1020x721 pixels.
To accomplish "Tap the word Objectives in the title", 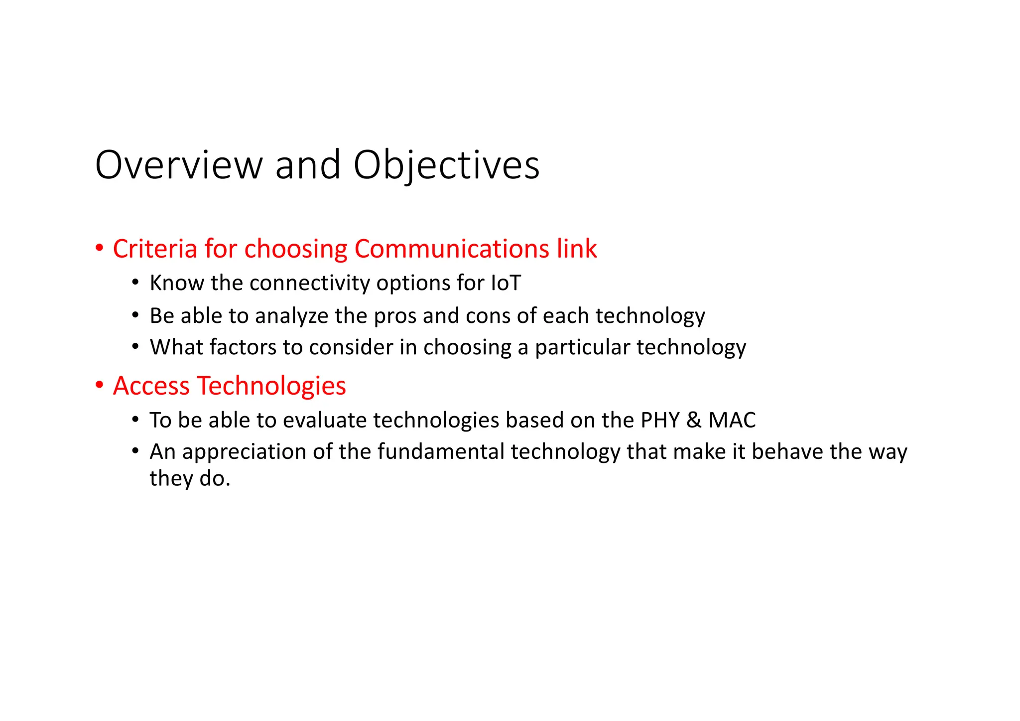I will [x=446, y=165].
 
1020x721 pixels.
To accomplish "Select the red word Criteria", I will [x=155, y=249].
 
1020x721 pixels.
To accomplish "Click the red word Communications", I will [x=451, y=249].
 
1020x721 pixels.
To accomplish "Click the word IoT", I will [x=506, y=283].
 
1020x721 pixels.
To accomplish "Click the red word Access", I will [x=151, y=386].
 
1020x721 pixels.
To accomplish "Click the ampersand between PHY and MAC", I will [x=694, y=420].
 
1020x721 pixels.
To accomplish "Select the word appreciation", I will [x=244, y=452].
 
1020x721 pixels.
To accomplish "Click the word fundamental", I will [x=441, y=451].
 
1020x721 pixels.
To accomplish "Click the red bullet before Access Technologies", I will [x=100, y=385].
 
